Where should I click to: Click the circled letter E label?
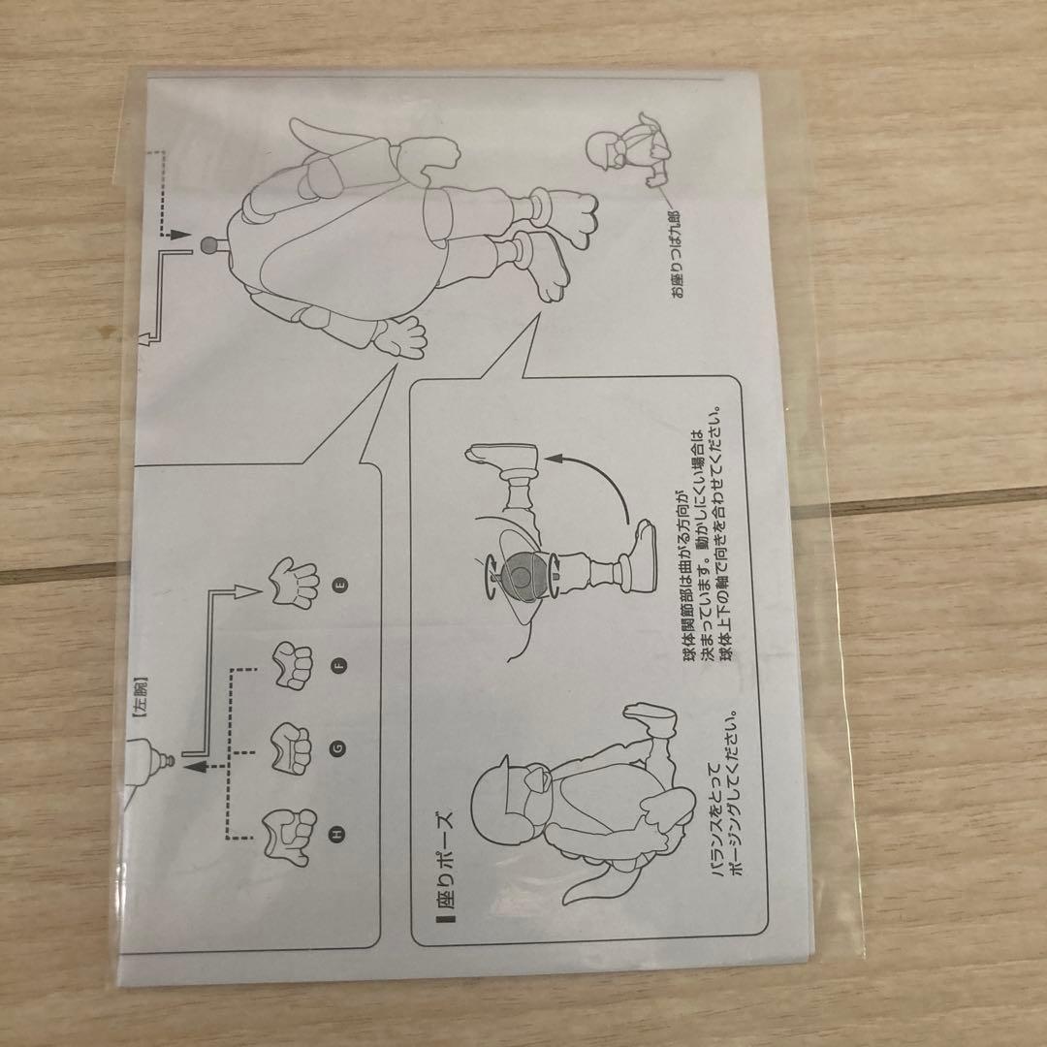click(x=342, y=585)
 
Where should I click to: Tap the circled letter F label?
click(x=340, y=665)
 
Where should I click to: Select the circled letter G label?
click(x=339, y=749)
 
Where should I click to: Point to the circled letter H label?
click(x=338, y=834)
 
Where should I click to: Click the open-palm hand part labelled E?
click(x=295, y=583)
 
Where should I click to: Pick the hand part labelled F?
click(x=293, y=665)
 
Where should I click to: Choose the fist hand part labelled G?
click(x=291, y=748)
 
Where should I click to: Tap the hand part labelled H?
click(x=289, y=833)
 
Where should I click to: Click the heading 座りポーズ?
click(x=443, y=866)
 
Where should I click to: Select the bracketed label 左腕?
click(x=140, y=697)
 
